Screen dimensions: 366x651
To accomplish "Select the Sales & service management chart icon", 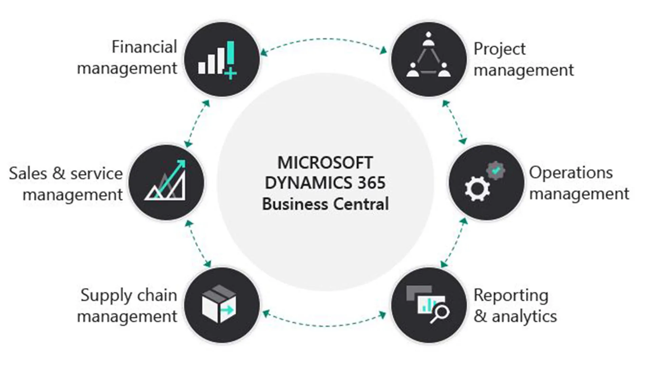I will pyautogui.click(x=166, y=181).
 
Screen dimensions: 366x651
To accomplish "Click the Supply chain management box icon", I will pyautogui.click(x=219, y=304).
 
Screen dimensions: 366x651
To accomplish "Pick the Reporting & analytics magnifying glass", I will pyautogui.click(x=440, y=313).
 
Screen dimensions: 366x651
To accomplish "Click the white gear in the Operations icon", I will pyautogui.click(x=477, y=189).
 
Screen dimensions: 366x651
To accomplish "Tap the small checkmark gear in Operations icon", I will pyautogui.click(x=496, y=170).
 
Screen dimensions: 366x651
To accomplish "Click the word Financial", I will pyautogui.click(x=144, y=47).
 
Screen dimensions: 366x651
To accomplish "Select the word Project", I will pyautogui.click(x=499, y=49).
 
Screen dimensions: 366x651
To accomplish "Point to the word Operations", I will pyautogui.click(x=571, y=173).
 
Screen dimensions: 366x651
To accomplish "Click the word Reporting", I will pyautogui.click(x=511, y=296).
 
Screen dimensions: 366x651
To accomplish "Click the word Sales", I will pyautogui.click(x=28, y=174).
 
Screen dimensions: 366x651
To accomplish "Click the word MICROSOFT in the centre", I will pyautogui.click(x=325, y=163).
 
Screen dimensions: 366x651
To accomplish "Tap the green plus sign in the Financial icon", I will pyautogui.click(x=231, y=73).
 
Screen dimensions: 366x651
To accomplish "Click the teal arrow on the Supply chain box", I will pyautogui.click(x=226, y=309).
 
